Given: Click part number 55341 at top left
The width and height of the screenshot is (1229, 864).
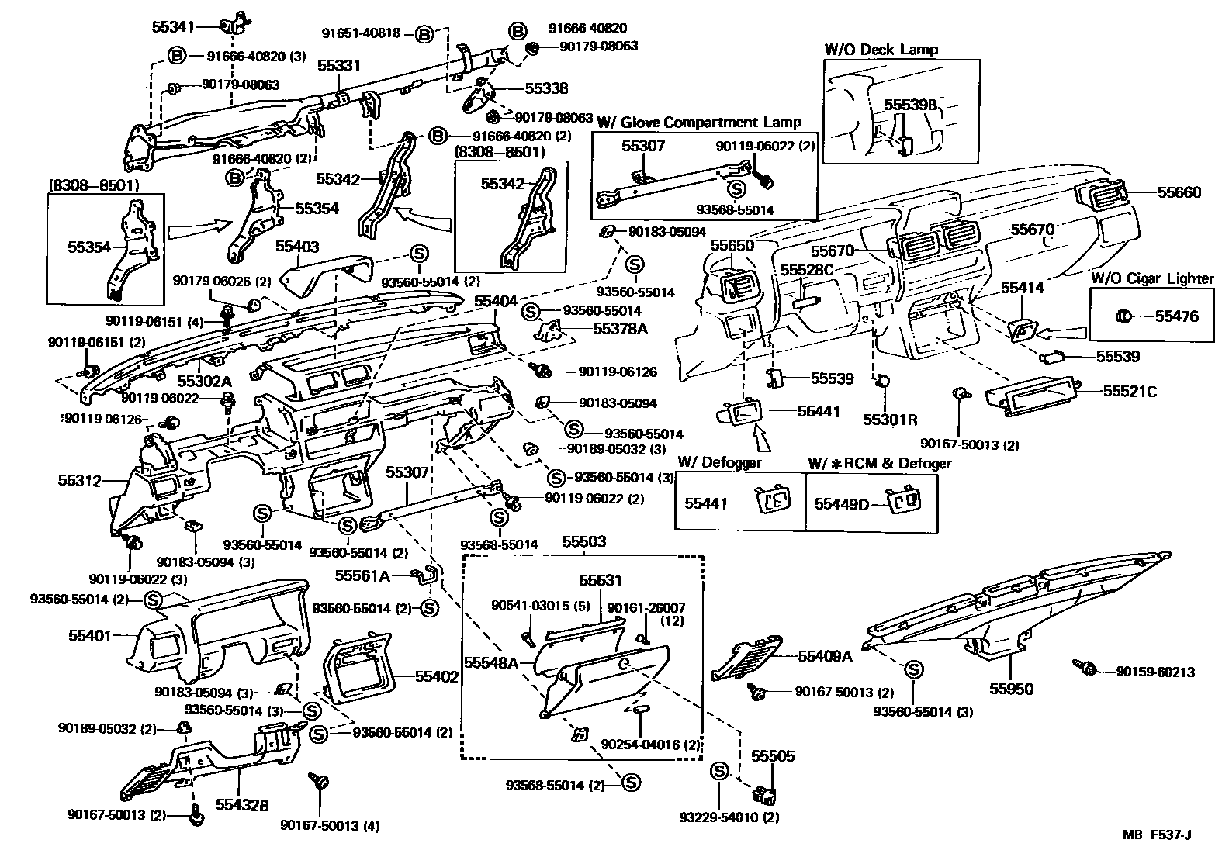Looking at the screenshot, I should coord(173,26).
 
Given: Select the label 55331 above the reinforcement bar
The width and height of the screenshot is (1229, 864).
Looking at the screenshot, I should coord(338,67).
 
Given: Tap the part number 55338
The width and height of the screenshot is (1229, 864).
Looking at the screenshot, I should coord(546,89).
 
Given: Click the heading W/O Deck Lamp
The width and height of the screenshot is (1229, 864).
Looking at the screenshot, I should coord(881,50).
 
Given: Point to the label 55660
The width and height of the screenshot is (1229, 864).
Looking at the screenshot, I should coord(1179,192).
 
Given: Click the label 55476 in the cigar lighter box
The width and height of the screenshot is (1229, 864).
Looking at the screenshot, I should coord(1176,316).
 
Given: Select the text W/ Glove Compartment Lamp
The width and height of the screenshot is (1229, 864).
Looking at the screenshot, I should coord(699,123).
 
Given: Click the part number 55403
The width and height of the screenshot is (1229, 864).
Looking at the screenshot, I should coord(297,247).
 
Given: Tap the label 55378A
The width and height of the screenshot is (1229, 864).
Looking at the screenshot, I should coord(620,329).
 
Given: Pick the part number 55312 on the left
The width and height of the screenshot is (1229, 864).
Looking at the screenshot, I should coord(79,481).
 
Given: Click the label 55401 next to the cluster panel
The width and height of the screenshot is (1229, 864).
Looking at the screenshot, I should coord(91,635).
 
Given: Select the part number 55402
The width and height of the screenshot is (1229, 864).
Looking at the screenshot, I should coord(437,676).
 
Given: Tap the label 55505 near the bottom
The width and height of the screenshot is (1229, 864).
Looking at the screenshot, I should coord(772,756).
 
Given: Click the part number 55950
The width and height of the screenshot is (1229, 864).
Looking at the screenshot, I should coord(1011,689).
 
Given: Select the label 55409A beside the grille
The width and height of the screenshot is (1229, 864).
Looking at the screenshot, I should coord(825,656).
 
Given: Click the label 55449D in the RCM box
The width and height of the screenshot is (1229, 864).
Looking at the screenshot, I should coord(842,504).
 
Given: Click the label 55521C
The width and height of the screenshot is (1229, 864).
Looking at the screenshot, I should coord(1130,392).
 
